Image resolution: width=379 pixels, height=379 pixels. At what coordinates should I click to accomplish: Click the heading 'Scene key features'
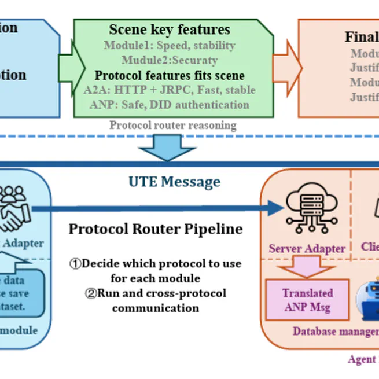pyautogui.click(x=170, y=30)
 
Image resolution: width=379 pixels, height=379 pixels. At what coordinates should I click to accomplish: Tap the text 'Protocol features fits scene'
pyautogui.click(x=170, y=75)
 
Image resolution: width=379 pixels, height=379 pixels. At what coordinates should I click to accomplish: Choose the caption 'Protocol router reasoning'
pyautogui.click(x=172, y=125)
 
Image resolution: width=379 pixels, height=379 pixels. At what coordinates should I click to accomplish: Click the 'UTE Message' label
pyautogui.click(x=174, y=182)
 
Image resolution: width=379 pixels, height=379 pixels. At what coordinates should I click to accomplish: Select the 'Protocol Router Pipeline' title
pyautogui.click(x=156, y=229)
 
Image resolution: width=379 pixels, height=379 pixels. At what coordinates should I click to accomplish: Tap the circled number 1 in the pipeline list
pyautogui.click(x=76, y=264)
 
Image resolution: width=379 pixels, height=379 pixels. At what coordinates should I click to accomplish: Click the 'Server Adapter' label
pyautogui.click(x=307, y=249)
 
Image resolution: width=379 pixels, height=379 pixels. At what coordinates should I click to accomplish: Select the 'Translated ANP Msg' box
pyautogui.click(x=307, y=300)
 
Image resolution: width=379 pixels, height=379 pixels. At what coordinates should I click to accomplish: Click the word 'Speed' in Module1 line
pyautogui.click(x=170, y=45)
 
